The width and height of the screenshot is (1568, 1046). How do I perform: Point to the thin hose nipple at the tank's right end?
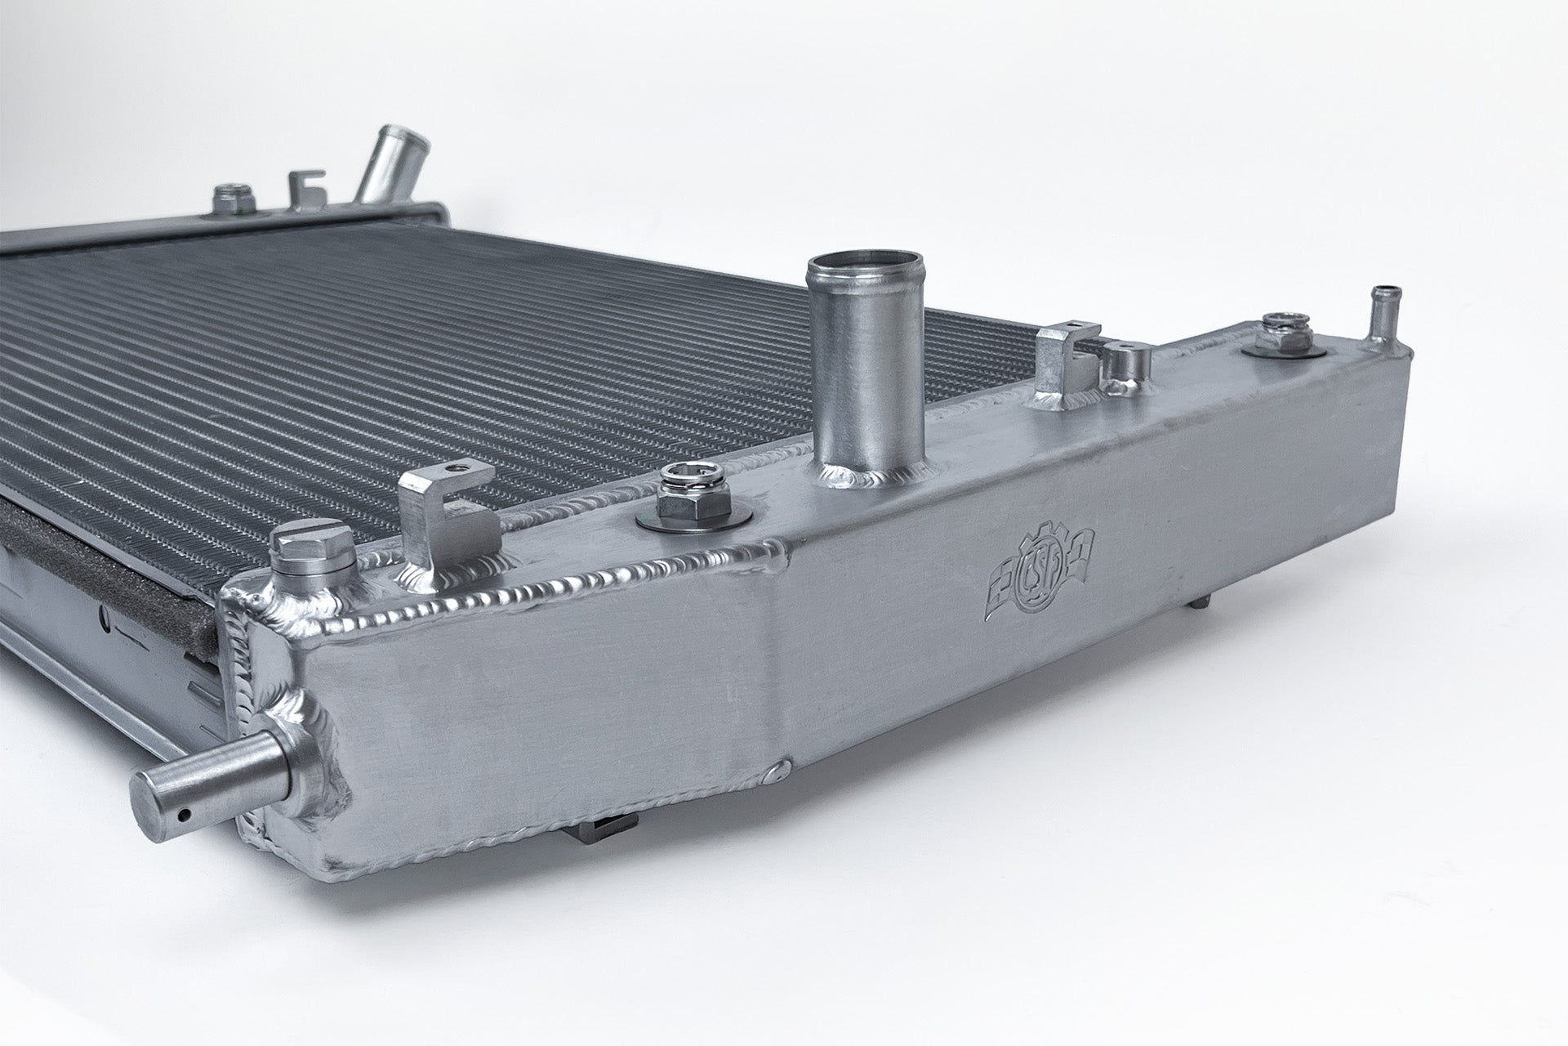tap(1381, 328)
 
